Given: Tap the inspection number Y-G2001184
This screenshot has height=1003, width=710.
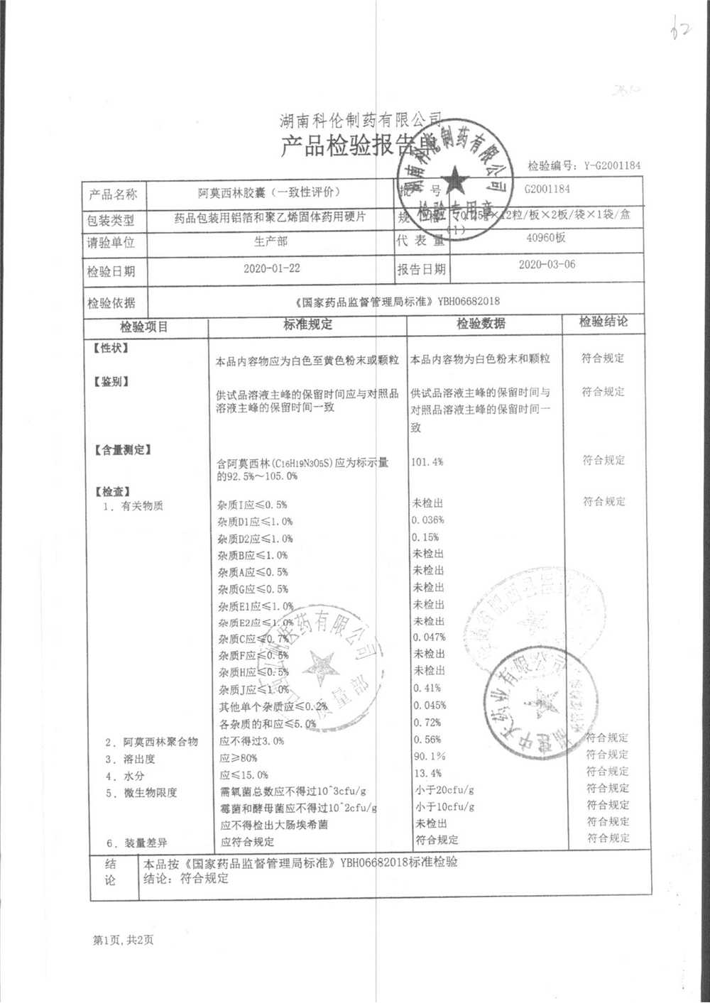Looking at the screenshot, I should [611, 165].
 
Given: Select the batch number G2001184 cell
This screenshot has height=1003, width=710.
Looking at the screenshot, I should [547, 189].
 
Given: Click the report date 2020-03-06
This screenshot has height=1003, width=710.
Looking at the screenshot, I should [547, 264].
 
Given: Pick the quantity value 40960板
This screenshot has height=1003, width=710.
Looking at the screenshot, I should [545, 238].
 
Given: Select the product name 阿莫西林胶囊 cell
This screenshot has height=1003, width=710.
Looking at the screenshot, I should [269, 192].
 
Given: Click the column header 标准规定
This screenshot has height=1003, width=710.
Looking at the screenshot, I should [307, 324].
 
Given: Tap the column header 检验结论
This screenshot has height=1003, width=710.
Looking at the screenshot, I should [603, 322].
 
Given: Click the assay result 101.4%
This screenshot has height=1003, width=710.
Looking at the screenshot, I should [427, 461].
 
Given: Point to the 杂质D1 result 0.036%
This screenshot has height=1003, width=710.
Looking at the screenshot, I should [428, 520].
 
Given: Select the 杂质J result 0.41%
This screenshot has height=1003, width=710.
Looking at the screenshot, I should [427, 688].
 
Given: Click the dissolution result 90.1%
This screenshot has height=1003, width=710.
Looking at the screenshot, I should [429, 756].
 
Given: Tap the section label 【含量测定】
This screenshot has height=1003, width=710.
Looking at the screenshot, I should [122, 450].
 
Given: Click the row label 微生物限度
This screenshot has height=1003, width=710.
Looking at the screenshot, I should [150, 792].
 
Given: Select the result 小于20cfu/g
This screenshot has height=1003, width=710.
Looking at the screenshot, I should [444, 789].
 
